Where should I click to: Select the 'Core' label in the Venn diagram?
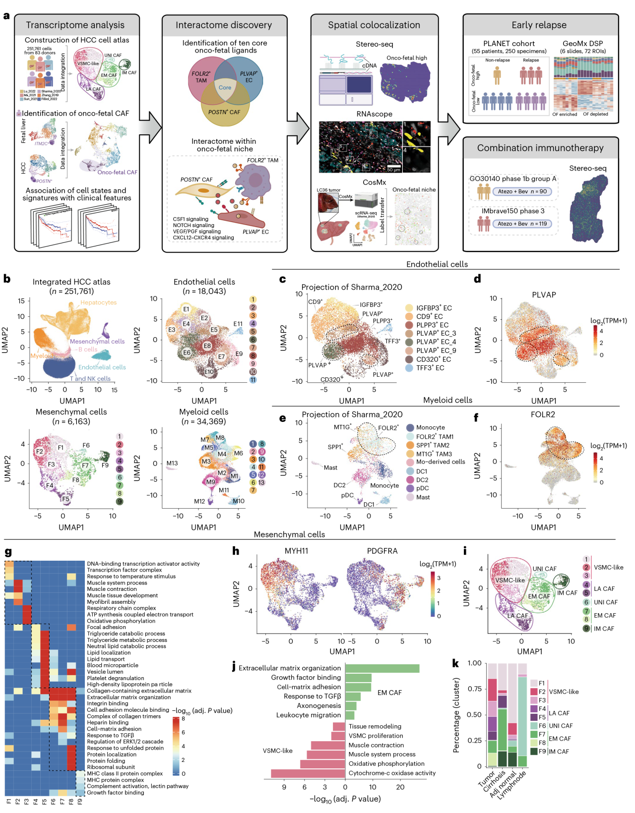point(225,87)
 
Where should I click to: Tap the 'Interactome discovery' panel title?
point(224,25)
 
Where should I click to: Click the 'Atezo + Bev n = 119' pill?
point(522,224)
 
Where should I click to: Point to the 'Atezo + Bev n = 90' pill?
point(522,191)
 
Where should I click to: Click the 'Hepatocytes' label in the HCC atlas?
point(98,302)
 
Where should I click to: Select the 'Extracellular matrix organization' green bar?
point(382,668)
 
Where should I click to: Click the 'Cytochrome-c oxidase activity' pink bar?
point(308,773)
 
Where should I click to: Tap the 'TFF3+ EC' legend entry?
point(430,368)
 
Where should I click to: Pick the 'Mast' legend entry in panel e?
point(423,497)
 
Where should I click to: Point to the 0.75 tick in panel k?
point(475,689)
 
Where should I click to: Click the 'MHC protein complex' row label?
point(115,780)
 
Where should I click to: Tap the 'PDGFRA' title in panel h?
point(382,551)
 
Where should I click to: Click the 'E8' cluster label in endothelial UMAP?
point(207,346)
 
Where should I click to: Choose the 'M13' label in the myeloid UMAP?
point(172,464)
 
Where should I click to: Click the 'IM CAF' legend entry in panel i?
point(604,629)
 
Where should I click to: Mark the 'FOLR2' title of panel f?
point(543,414)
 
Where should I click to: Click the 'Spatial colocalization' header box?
point(374,25)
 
